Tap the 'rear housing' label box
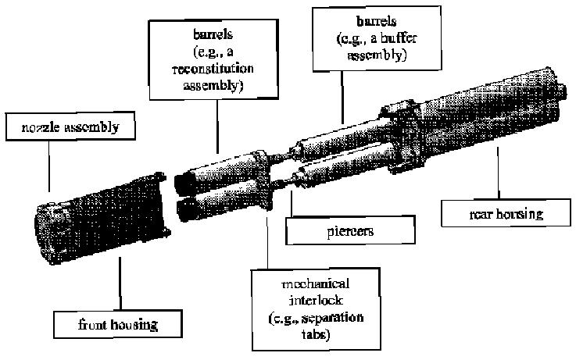tap(492, 212)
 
